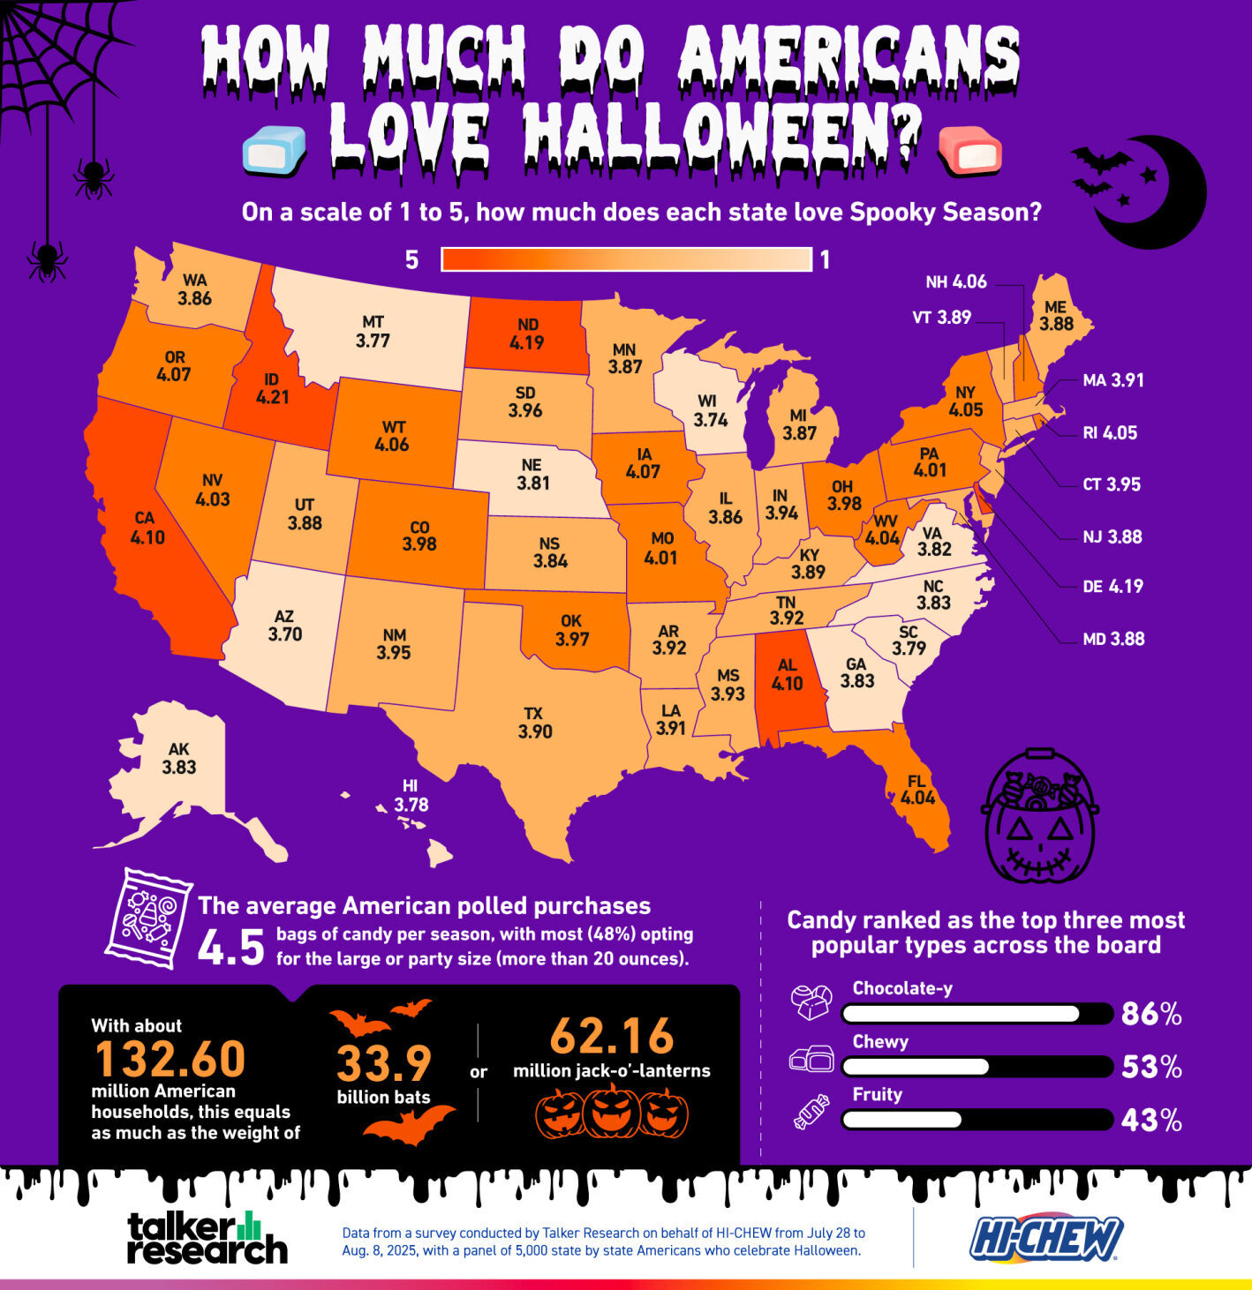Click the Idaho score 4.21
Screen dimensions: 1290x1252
click(x=272, y=398)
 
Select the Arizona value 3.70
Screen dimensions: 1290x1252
click(x=284, y=634)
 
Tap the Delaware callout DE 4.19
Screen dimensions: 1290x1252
click(x=1112, y=587)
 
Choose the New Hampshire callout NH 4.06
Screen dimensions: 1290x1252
click(x=955, y=282)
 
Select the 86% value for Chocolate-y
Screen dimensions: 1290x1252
click(x=1150, y=1015)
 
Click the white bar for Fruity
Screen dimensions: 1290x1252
click(x=901, y=1120)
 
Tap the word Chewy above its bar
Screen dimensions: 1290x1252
click(x=880, y=1042)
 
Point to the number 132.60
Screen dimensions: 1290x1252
click(x=170, y=1059)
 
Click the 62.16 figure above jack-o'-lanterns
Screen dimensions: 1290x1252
click(x=612, y=1037)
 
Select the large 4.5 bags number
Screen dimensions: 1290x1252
click(x=230, y=948)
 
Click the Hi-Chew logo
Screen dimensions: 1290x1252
click(x=1046, y=1237)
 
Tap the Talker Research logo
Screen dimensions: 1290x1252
click(x=207, y=1237)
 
